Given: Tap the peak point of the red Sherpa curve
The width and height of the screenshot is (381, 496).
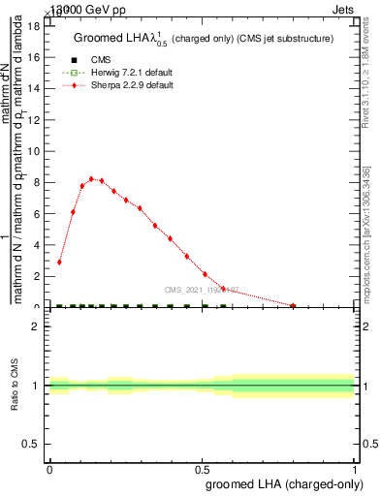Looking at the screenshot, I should pyautogui.click(x=91, y=178).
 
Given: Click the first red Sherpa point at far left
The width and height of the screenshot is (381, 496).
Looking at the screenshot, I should pyautogui.click(x=60, y=262).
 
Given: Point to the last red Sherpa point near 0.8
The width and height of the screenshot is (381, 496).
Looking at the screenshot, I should pyautogui.click(x=294, y=305).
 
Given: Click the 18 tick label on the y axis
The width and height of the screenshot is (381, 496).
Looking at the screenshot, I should pyautogui.click(x=33, y=26).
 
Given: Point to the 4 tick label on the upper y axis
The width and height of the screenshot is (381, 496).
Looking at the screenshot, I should pyautogui.click(x=36, y=245).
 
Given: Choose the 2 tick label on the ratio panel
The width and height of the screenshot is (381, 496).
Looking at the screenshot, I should pyautogui.click(x=36, y=326).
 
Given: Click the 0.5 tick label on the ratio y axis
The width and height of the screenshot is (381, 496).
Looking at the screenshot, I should pyautogui.click(x=31, y=444).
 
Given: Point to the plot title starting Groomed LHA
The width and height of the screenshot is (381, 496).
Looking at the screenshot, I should pyautogui.click(x=204, y=38).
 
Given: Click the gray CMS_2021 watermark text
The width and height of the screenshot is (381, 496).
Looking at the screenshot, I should pyautogui.click(x=201, y=289).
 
